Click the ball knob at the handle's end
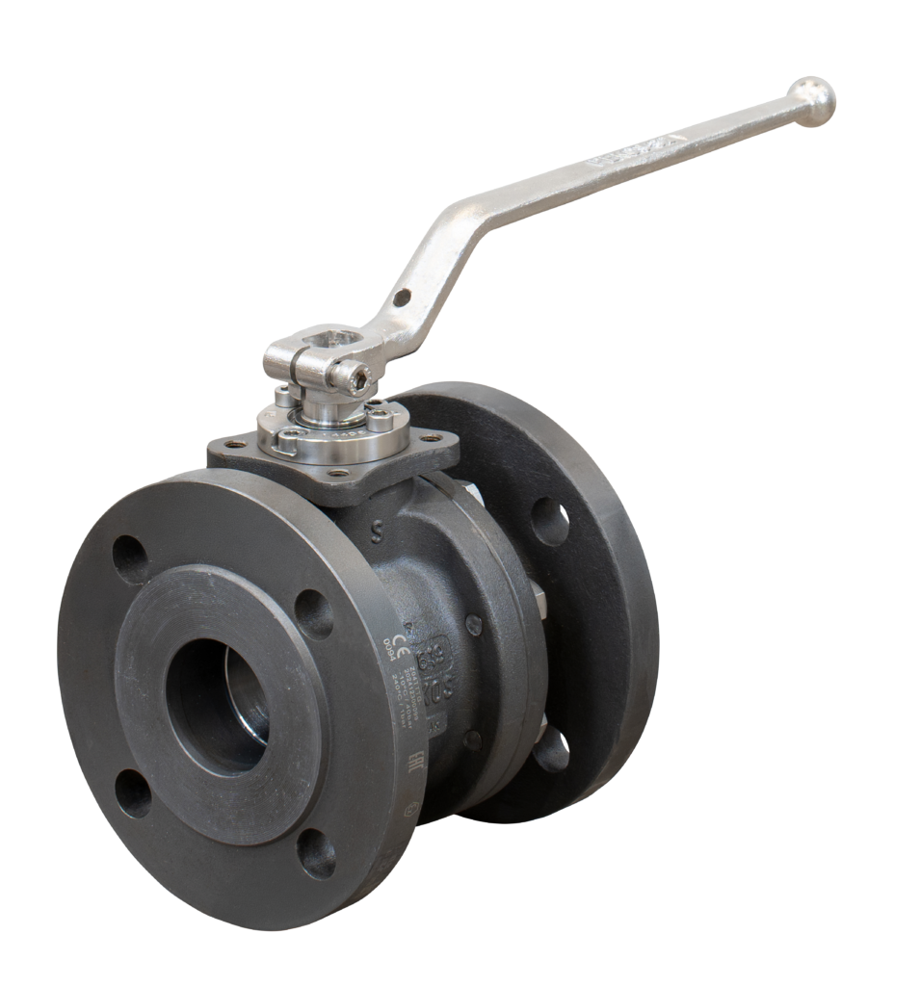811,97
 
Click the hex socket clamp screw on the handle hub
359,381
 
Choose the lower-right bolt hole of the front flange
316,853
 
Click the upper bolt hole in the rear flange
550,521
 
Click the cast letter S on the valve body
385,528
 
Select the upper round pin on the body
474,622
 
